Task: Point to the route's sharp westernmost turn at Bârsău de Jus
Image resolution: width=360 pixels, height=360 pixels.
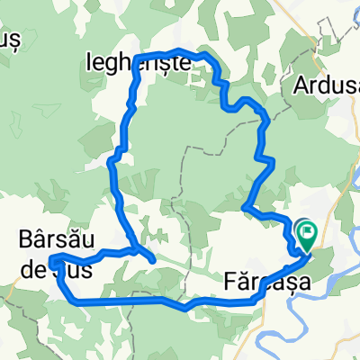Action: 53,262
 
